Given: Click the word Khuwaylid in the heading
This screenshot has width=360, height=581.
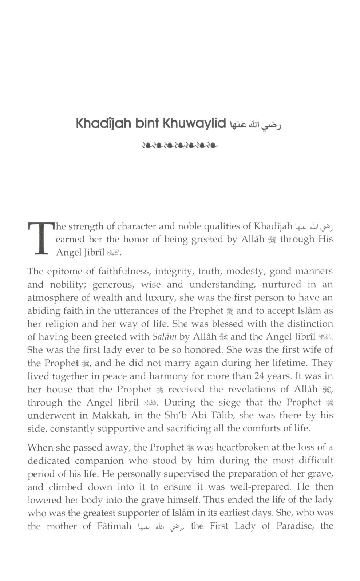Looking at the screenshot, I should [194, 124].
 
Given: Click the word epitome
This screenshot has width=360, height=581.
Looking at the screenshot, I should [62, 271].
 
